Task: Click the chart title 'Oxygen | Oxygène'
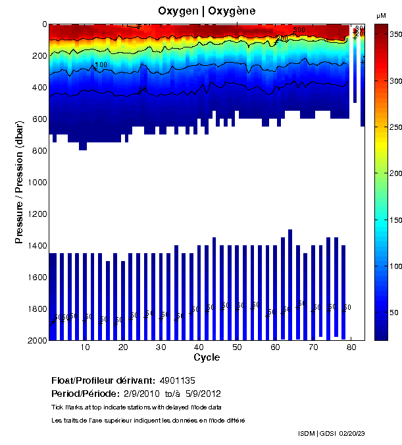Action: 207,11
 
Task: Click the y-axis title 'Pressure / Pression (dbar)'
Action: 20,182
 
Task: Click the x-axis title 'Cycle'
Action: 207,357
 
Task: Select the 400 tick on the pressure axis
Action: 39,88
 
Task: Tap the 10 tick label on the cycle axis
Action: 85,347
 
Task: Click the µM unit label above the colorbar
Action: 380,15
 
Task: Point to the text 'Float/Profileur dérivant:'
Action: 103,381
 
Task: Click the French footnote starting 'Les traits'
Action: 148,420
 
